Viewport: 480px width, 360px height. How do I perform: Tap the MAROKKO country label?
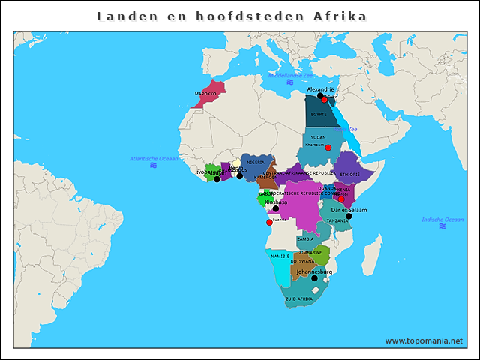tap(205, 94)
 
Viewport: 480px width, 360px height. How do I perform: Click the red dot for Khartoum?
tap(328, 148)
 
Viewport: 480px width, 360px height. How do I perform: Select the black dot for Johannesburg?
tap(315, 278)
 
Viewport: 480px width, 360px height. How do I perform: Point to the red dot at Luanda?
tap(269, 222)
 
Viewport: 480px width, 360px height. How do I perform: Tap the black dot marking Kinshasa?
tap(275, 208)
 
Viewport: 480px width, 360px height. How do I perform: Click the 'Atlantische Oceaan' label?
tap(154, 159)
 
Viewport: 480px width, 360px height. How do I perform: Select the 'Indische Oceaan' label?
tap(442, 220)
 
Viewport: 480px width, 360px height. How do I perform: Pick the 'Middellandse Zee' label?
tap(290, 76)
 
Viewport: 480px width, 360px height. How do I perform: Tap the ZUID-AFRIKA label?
tap(298, 298)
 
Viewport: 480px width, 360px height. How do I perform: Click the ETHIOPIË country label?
tap(349, 174)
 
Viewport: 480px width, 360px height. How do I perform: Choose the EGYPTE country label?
tap(319, 114)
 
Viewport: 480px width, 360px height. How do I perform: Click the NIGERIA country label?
tap(256, 162)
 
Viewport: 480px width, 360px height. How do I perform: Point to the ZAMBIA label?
tap(305, 238)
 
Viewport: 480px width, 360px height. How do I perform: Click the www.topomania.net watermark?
tap(424, 340)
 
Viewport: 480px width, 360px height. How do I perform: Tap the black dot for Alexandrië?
tap(320, 95)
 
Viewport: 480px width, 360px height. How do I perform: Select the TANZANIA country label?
tap(337, 220)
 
